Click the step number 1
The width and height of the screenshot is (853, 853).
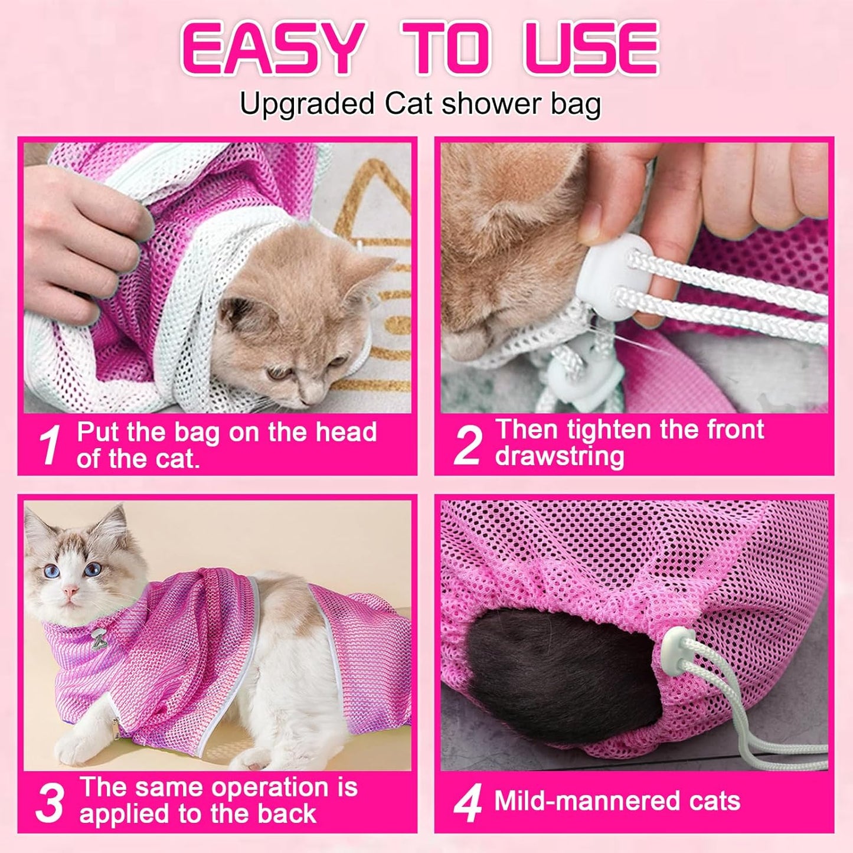pyautogui.click(x=50, y=446)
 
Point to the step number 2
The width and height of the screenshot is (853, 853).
pyautogui.click(x=468, y=446)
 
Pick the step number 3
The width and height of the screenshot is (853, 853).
pyautogui.click(x=50, y=803)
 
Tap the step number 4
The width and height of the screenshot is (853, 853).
pyautogui.click(x=468, y=803)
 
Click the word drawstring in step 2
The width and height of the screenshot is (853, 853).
pyautogui.click(x=559, y=456)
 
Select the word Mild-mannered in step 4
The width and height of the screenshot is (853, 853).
pyautogui.click(x=578, y=801)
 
